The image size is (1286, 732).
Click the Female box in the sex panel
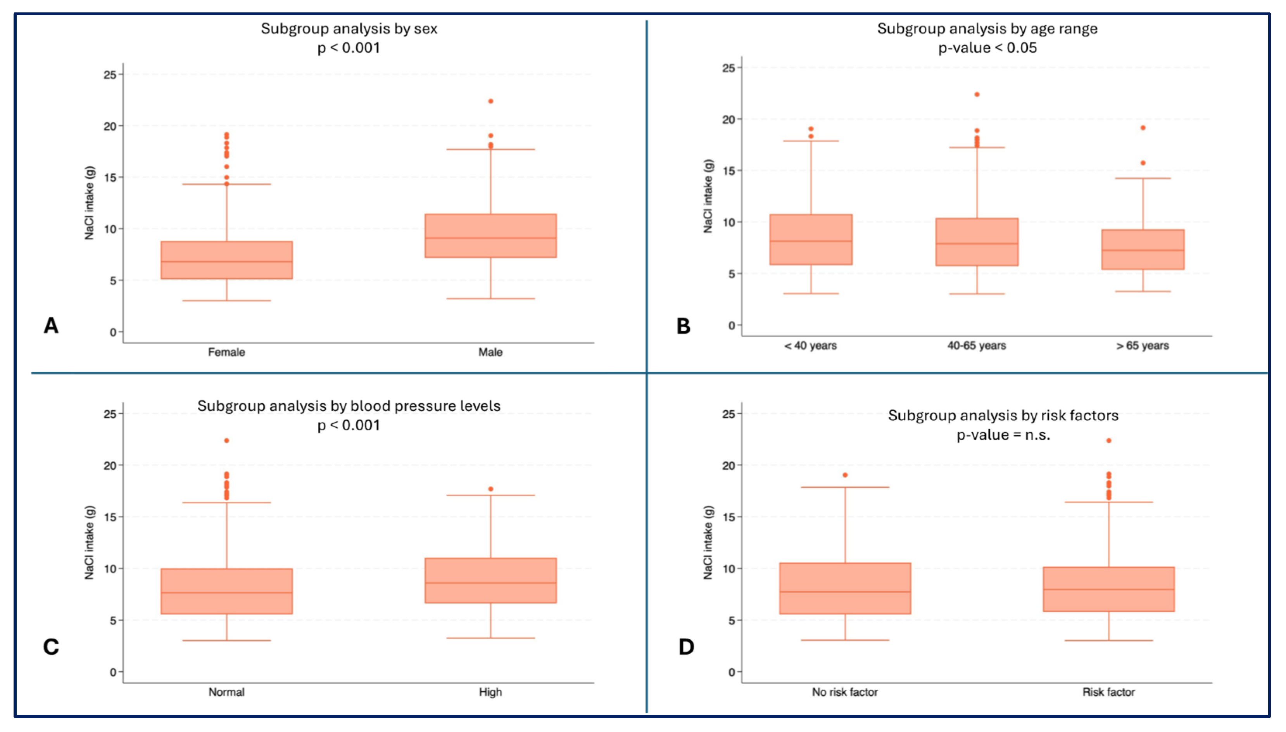226,260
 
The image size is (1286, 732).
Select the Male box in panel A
490,236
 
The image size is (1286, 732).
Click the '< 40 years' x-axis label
810,345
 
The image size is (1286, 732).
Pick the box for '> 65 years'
1143,249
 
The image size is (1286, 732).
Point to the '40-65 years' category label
976,345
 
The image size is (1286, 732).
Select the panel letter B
683,326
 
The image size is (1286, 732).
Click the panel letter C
51,647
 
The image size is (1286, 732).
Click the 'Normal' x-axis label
226,692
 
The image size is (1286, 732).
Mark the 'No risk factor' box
844,588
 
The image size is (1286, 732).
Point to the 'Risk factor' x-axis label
1108,692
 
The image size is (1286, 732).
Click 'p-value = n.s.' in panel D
1003,434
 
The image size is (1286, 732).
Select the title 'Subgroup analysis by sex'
349,29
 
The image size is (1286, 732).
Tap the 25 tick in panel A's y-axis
110,74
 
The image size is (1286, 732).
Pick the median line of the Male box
490,238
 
